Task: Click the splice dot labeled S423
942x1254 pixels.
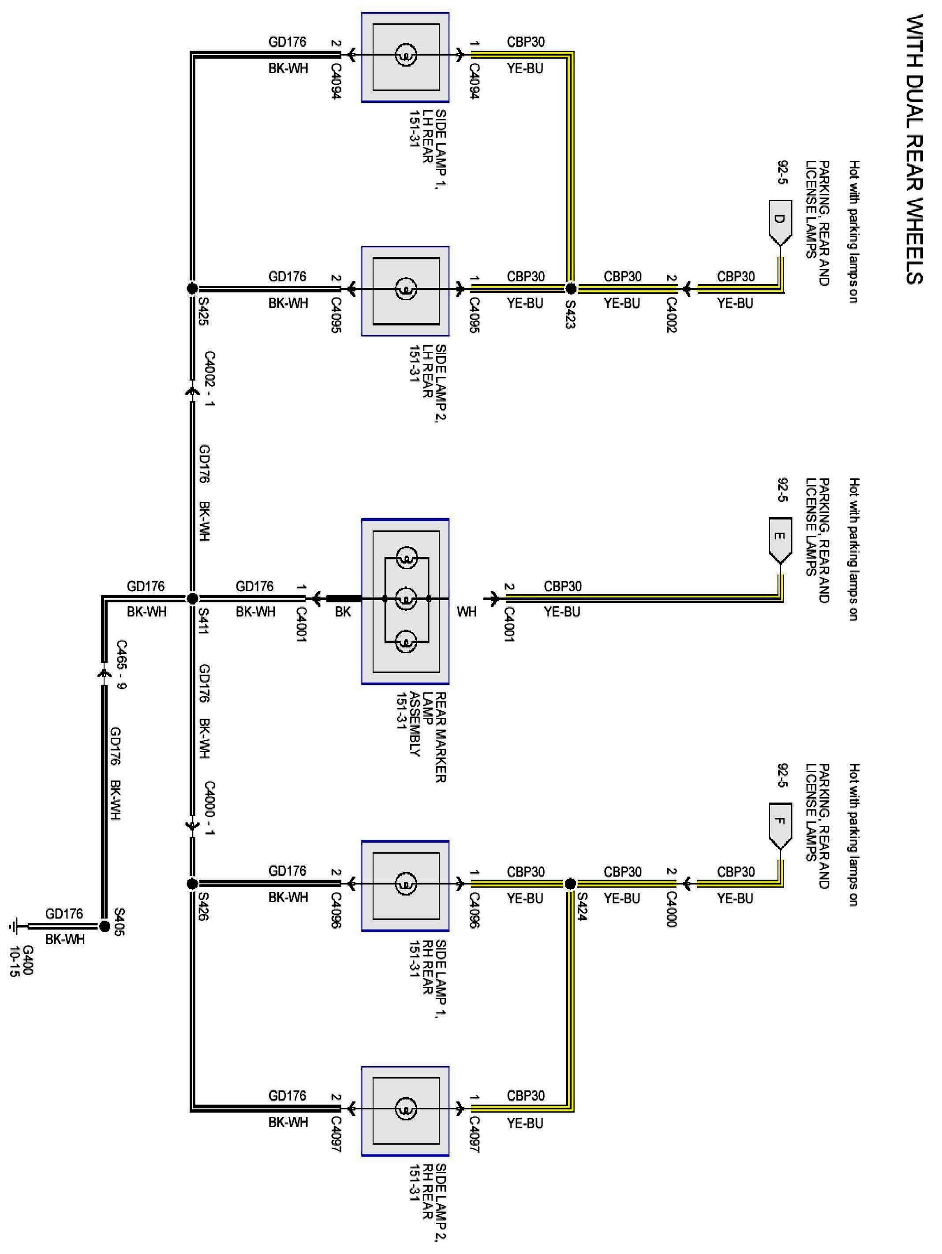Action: pos(571,288)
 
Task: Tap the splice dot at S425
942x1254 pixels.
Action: pos(192,288)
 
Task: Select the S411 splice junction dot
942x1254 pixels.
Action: pos(192,598)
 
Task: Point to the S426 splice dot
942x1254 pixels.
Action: pos(192,883)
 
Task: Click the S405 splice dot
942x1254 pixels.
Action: pos(105,926)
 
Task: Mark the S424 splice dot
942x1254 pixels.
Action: pos(571,883)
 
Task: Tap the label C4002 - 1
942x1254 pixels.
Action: pos(209,379)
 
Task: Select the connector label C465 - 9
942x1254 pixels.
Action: pos(121,664)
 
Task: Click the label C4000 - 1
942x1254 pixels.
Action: pos(209,808)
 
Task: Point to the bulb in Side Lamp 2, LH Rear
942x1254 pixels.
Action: pos(405,290)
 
